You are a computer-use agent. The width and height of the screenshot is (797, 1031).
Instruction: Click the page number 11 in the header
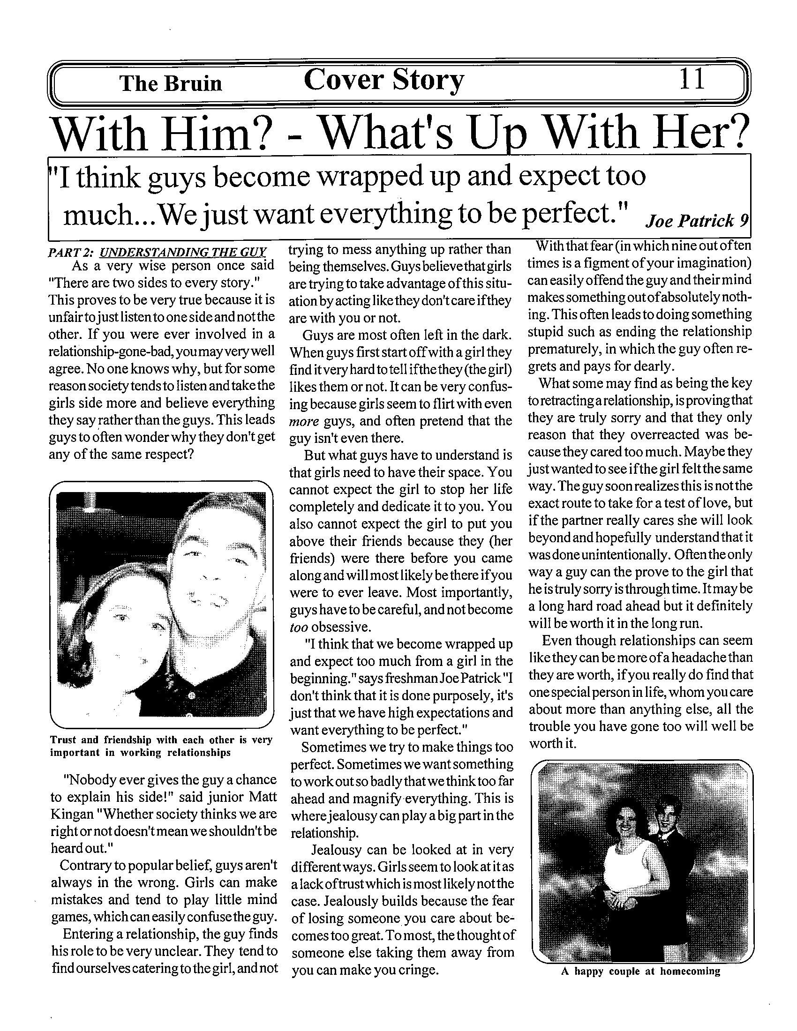tap(692, 79)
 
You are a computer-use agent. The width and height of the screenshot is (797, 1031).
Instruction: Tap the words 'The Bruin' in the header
tap(171, 83)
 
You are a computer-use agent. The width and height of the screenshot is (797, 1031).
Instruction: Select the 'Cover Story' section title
tap(384, 81)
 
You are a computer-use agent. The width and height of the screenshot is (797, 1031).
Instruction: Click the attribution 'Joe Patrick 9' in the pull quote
tap(696, 220)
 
